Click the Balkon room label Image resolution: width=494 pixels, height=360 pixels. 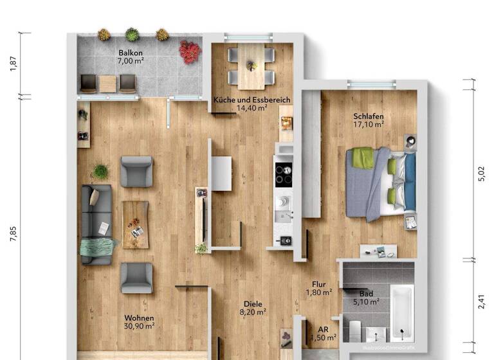coord(130,53)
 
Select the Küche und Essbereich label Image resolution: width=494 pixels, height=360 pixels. coord(252,100)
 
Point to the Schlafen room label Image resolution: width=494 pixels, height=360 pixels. coord(368,117)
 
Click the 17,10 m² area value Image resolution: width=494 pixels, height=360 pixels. coord(368,125)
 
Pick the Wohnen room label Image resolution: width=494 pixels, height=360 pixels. coord(139,318)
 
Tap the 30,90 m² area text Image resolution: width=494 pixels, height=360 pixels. coord(139,327)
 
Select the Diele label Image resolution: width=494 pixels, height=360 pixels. coord(252,304)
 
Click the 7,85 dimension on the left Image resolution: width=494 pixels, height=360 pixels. coord(13,235)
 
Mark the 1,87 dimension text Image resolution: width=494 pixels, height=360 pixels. coord(13,64)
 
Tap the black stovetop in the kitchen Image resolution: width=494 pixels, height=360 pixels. coord(284,173)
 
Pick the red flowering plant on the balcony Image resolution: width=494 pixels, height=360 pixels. coord(190,51)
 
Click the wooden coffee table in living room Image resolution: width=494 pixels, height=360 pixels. coord(135,224)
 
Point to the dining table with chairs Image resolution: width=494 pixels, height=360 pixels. coord(251,66)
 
